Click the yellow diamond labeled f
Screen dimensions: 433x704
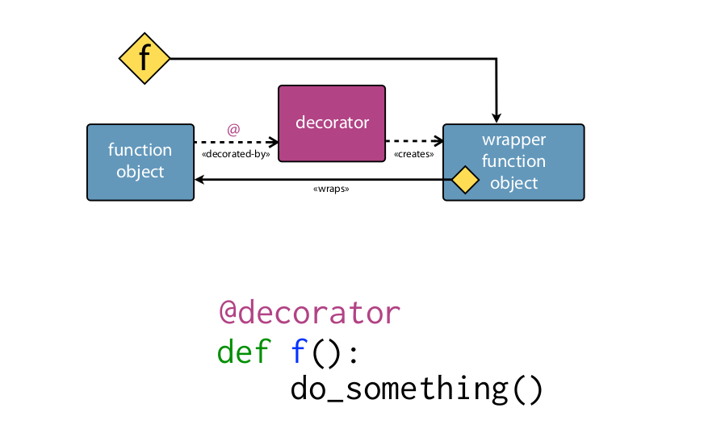click(x=145, y=58)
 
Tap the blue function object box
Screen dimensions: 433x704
click(x=140, y=161)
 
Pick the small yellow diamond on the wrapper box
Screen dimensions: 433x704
click(x=465, y=179)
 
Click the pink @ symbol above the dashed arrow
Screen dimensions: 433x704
click(x=233, y=129)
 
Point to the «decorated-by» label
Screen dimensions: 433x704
click(x=235, y=153)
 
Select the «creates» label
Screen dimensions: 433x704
click(x=414, y=153)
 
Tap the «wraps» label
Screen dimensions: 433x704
click(x=330, y=189)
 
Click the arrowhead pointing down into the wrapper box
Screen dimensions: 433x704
click(x=497, y=118)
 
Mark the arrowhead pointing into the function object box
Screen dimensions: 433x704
click(x=200, y=179)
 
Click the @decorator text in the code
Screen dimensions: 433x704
click(x=309, y=311)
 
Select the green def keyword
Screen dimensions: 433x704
click(x=244, y=352)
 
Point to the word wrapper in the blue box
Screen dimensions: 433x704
click(x=514, y=139)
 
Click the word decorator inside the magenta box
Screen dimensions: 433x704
click(x=332, y=123)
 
